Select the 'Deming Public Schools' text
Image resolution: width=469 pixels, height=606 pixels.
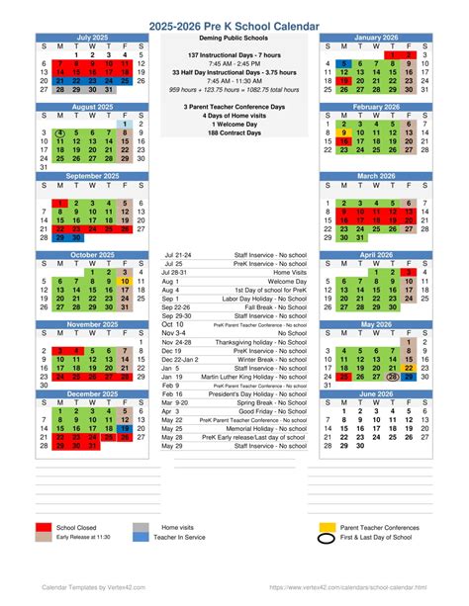pos(234,43)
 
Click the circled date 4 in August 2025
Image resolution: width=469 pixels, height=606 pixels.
pos(61,131)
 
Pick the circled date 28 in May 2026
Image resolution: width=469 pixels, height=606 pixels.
pos(394,377)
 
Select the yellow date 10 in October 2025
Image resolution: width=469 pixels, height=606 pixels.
pos(125,281)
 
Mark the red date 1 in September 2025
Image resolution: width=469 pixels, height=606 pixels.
pos(61,203)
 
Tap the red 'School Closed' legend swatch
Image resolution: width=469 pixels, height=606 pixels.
pos(43,529)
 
